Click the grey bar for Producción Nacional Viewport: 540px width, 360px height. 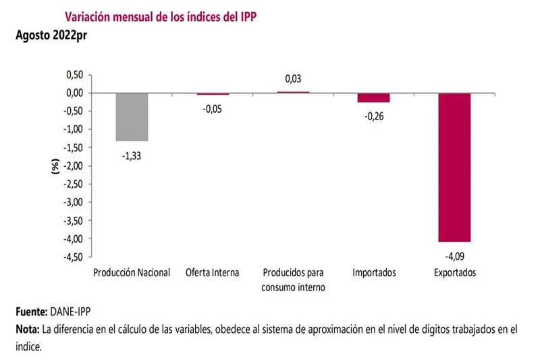132,117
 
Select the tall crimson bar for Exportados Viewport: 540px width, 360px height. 454,167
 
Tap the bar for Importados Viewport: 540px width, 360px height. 373,98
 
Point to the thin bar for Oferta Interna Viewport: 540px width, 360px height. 213,94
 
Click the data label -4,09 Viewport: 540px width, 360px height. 454,256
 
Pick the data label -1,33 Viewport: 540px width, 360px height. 132,156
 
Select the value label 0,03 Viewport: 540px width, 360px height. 293,79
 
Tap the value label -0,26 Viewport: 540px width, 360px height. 373,117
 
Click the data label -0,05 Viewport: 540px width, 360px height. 213,109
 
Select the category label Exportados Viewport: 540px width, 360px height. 454,273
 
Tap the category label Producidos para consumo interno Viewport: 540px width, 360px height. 293,280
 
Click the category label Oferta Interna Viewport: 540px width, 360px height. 213,273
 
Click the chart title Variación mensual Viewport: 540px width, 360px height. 160,16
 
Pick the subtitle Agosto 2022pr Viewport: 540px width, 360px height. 49,35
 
